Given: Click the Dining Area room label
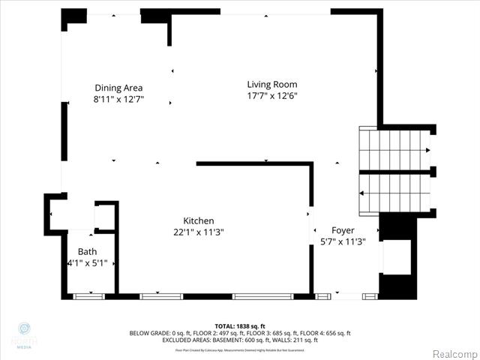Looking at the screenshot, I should (118, 88).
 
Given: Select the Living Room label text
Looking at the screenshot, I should (272, 84).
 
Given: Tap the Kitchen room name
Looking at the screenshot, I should (199, 220).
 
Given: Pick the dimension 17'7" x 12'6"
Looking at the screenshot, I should (272, 96).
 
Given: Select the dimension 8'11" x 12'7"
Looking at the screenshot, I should (118, 99).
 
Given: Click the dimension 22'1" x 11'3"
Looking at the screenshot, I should (199, 232).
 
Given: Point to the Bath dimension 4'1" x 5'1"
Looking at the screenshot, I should (88, 263).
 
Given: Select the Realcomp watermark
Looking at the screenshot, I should (452, 352).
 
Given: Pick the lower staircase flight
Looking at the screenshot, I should (394, 193).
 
